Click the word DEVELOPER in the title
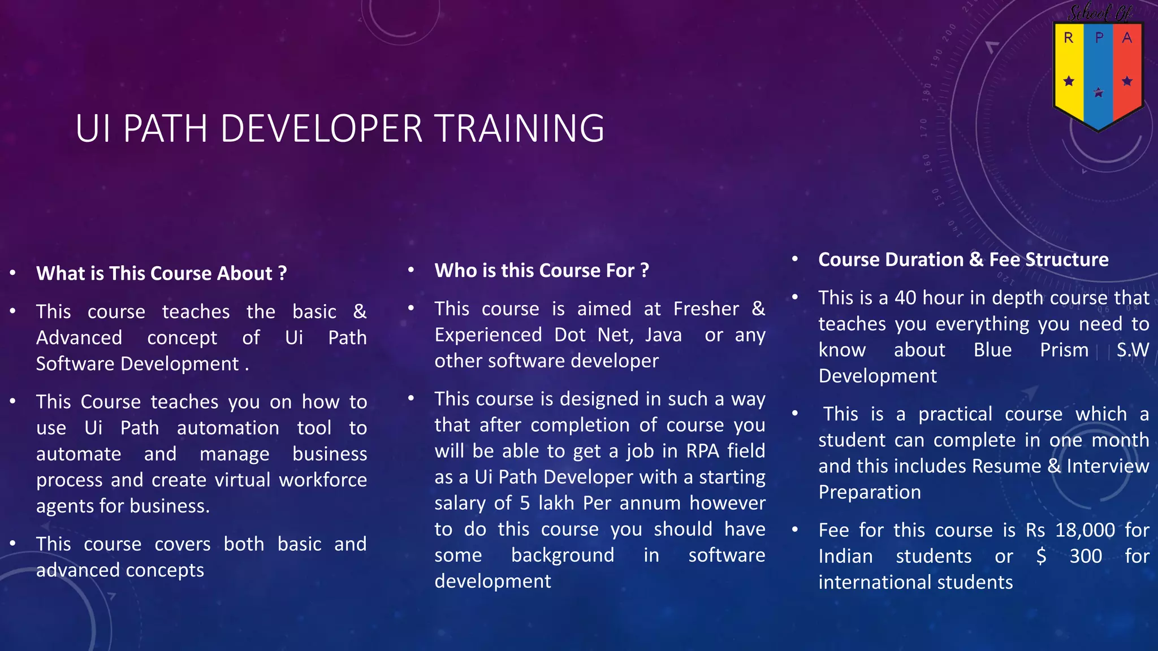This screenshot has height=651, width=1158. tap(321, 128)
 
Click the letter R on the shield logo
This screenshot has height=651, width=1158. tap(1068, 38)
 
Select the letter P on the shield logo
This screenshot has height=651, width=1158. tap(1099, 38)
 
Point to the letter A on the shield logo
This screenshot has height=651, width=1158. tap(1127, 38)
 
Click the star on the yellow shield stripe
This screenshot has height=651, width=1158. tap(1069, 81)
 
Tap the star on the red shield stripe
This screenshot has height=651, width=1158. tap(1127, 81)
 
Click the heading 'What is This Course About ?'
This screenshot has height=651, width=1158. tap(162, 274)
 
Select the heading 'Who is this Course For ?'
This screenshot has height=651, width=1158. tap(542, 271)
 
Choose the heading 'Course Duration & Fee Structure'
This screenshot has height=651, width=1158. tap(963, 259)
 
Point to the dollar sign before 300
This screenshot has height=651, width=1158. tap(1041, 556)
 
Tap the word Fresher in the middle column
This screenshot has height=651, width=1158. tap(706, 309)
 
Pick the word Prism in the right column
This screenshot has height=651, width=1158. tap(1064, 350)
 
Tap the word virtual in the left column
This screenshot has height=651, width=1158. tap(243, 480)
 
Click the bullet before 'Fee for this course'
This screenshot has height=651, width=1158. tap(795, 530)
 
